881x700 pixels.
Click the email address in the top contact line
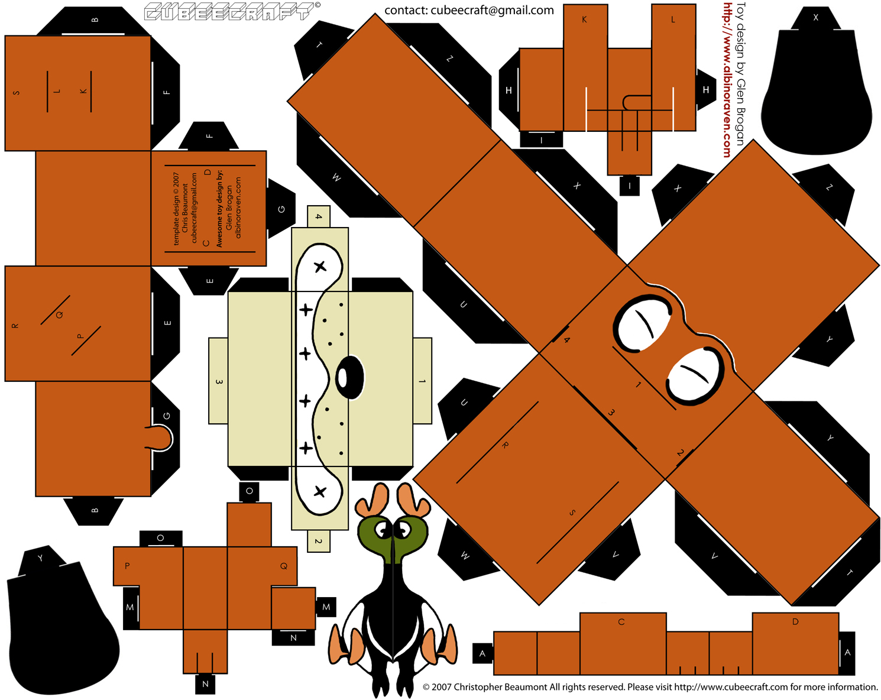[492, 10]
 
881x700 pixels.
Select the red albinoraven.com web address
[727, 80]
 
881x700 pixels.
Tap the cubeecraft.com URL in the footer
[731, 687]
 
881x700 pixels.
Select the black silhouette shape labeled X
[816, 89]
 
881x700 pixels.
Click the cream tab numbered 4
[319, 216]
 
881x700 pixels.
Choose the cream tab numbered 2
[319, 541]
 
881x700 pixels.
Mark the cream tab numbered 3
[218, 381]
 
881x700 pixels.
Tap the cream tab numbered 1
[422, 381]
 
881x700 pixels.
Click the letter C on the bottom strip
[621, 622]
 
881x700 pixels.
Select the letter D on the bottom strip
[795, 622]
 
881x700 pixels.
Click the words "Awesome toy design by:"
[220, 209]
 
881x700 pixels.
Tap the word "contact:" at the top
[406, 10]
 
